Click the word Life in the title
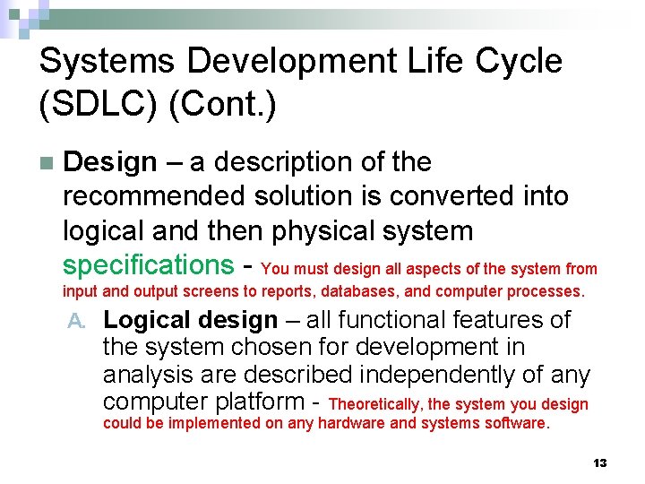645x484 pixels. (x=425, y=62)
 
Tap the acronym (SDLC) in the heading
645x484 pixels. (x=99, y=105)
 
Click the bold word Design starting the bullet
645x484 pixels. (x=110, y=162)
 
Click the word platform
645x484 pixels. (x=260, y=402)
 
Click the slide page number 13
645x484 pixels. (x=599, y=463)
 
